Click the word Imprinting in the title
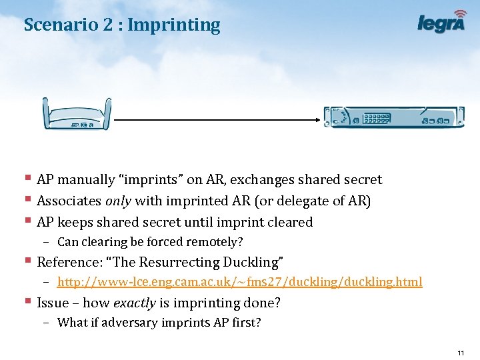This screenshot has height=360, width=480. (173, 25)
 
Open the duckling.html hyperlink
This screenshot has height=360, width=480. (240, 282)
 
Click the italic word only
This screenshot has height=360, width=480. (117, 201)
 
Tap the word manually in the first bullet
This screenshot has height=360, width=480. (89, 180)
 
